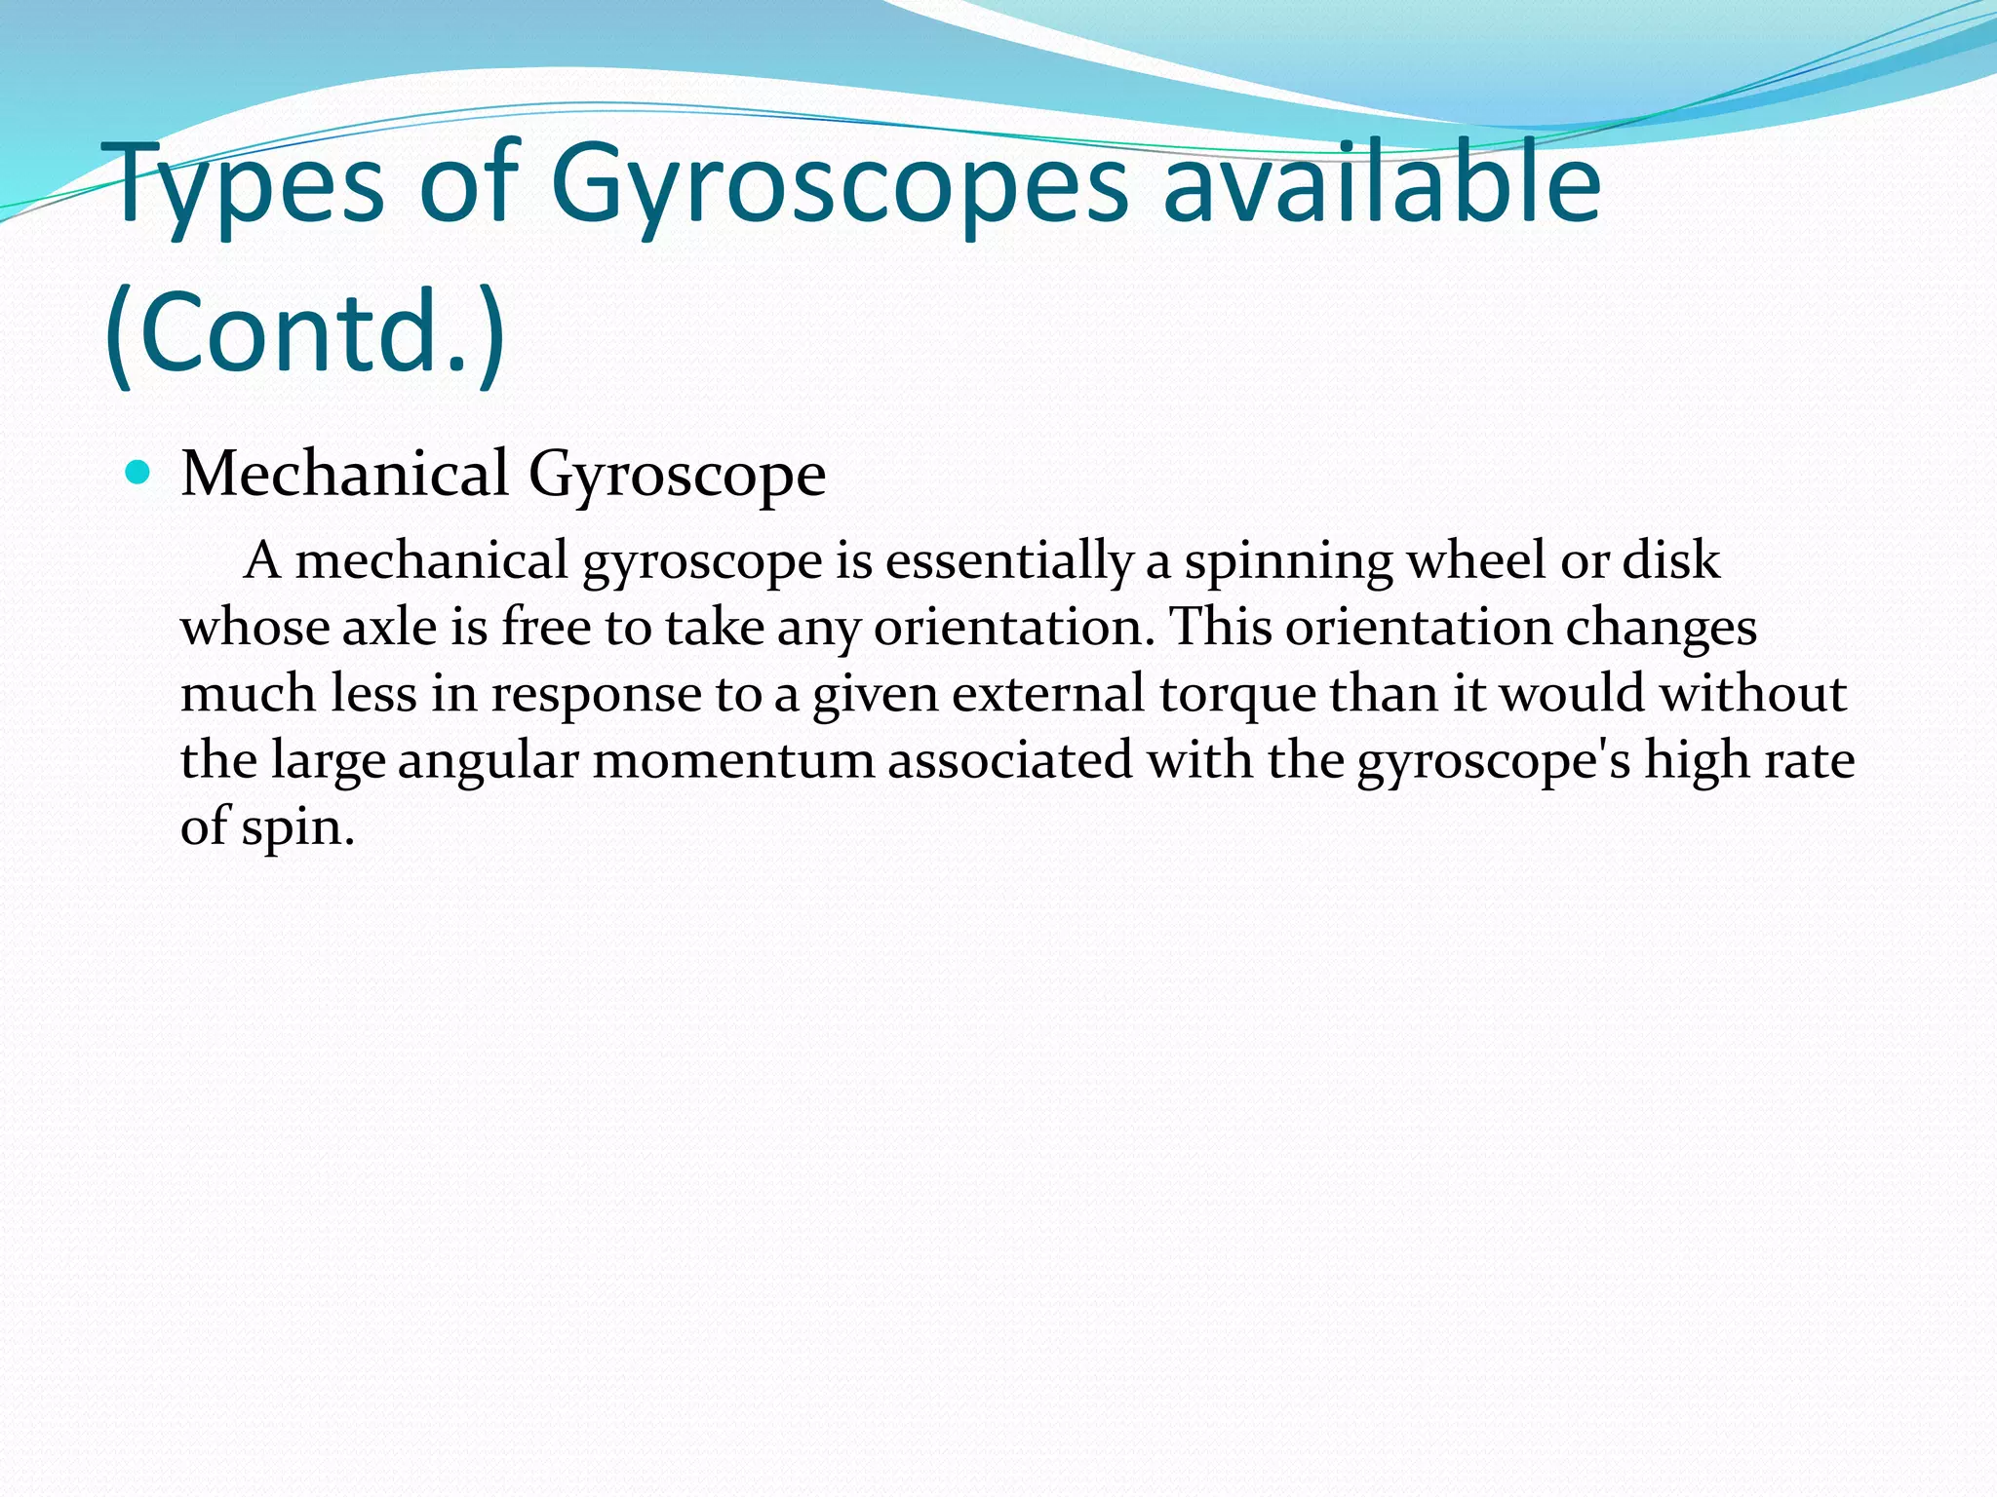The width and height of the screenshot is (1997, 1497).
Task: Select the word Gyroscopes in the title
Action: pos(839,185)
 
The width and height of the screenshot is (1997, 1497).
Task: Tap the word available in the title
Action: pos(1382,185)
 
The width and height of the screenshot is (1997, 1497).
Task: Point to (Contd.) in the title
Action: pos(305,331)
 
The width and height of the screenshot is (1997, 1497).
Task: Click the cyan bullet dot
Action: pos(138,474)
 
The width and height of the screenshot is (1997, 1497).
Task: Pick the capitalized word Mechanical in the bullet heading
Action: pos(345,475)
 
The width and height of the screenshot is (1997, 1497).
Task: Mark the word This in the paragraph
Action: pos(1220,627)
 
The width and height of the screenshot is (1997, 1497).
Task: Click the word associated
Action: pos(1010,760)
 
